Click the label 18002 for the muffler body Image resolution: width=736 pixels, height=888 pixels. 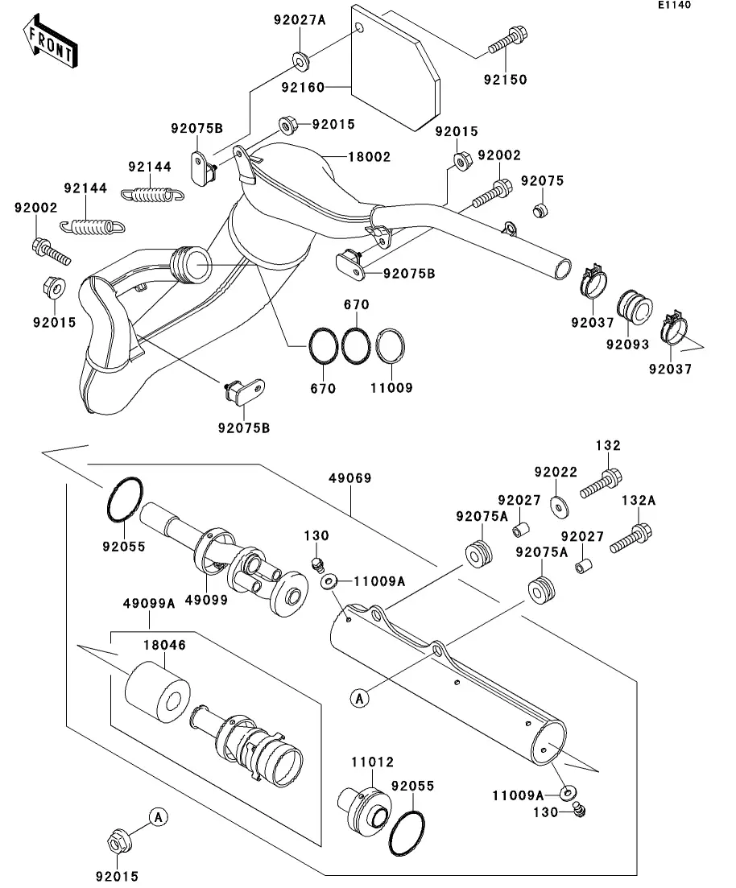(369, 157)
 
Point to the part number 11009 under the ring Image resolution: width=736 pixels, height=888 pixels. (391, 388)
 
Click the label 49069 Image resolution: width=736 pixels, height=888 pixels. (350, 478)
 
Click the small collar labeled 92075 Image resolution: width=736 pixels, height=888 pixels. (540, 211)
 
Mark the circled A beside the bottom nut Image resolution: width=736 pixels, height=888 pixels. (159, 818)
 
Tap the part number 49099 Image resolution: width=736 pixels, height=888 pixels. (206, 599)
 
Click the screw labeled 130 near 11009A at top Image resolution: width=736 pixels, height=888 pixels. (317, 561)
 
